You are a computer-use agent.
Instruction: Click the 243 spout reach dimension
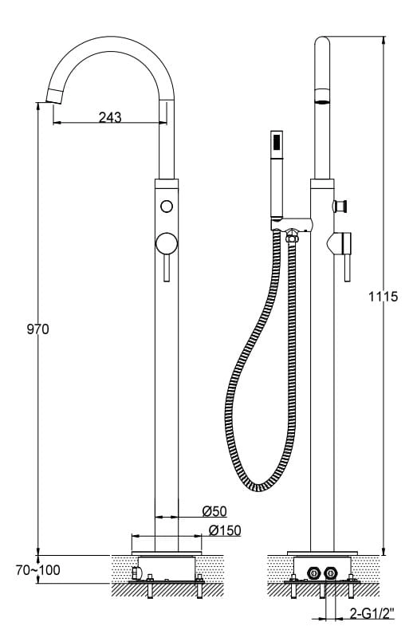click(110, 117)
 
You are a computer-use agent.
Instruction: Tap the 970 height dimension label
click(38, 329)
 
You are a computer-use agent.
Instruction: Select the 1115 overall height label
click(383, 297)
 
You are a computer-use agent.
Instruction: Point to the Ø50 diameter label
click(214, 511)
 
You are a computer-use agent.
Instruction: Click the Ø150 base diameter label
click(225, 530)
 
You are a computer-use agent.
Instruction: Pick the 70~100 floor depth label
click(38, 570)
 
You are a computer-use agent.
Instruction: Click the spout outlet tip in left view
click(55, 96)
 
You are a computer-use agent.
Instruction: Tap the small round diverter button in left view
click(167, 207)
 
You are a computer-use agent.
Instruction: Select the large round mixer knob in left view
click(167, 244)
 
